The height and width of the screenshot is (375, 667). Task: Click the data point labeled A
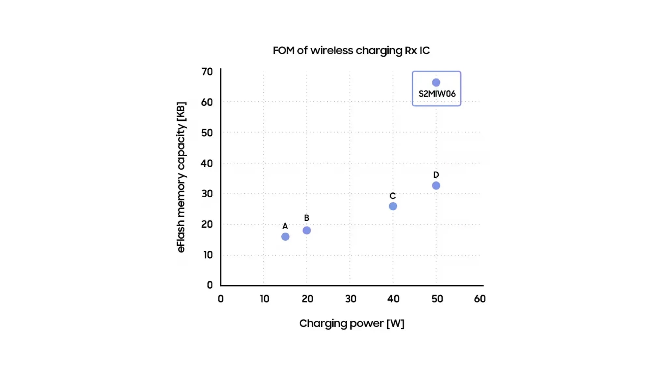285,237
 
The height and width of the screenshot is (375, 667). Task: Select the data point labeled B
306,230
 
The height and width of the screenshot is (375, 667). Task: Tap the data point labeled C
393,206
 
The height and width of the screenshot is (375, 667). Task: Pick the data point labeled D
436,186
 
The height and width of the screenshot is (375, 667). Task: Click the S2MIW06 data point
436,83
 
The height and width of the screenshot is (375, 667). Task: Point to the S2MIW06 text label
437,94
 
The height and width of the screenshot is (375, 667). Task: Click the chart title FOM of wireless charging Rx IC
351,50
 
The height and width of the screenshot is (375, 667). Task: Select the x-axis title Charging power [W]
351,323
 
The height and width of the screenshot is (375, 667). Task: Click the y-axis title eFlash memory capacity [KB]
181,177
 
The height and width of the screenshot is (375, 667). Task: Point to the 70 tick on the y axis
207,72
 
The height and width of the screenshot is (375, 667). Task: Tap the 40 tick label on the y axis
207,163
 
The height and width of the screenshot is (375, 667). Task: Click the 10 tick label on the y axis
208,255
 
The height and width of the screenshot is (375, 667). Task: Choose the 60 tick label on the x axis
480,299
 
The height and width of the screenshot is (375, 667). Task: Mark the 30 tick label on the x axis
350,299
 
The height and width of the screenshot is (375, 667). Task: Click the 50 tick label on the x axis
437,299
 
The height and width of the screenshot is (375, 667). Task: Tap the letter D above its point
436,175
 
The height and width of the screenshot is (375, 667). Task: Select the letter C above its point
392,196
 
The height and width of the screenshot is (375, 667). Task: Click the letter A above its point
285,226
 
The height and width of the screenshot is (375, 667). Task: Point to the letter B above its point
306,218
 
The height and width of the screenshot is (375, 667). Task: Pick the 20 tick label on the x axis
307,299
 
